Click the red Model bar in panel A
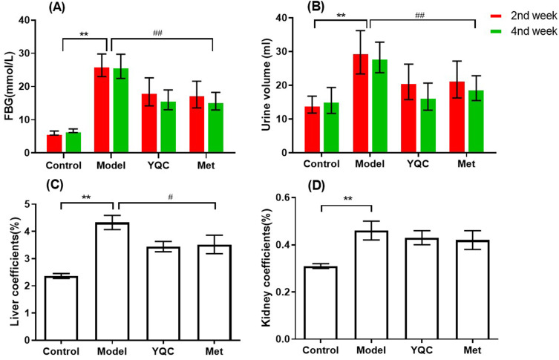click(x=102, y=110)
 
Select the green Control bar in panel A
click(x=73, y=143)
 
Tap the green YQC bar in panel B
click(x=428, y=125)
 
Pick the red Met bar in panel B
click(x=457, y=117)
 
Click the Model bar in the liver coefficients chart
click(x=112, y=281)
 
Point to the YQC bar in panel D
click(x=422, y=289)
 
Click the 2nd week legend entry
click(x=523, y=16)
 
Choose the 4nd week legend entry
click(x=523, y=31)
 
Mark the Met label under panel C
click(x=214, y=351)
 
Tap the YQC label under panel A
click(x=158, y=166)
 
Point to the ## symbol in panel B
click(x=420, y=16)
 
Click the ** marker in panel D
click(x=347, y=198)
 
